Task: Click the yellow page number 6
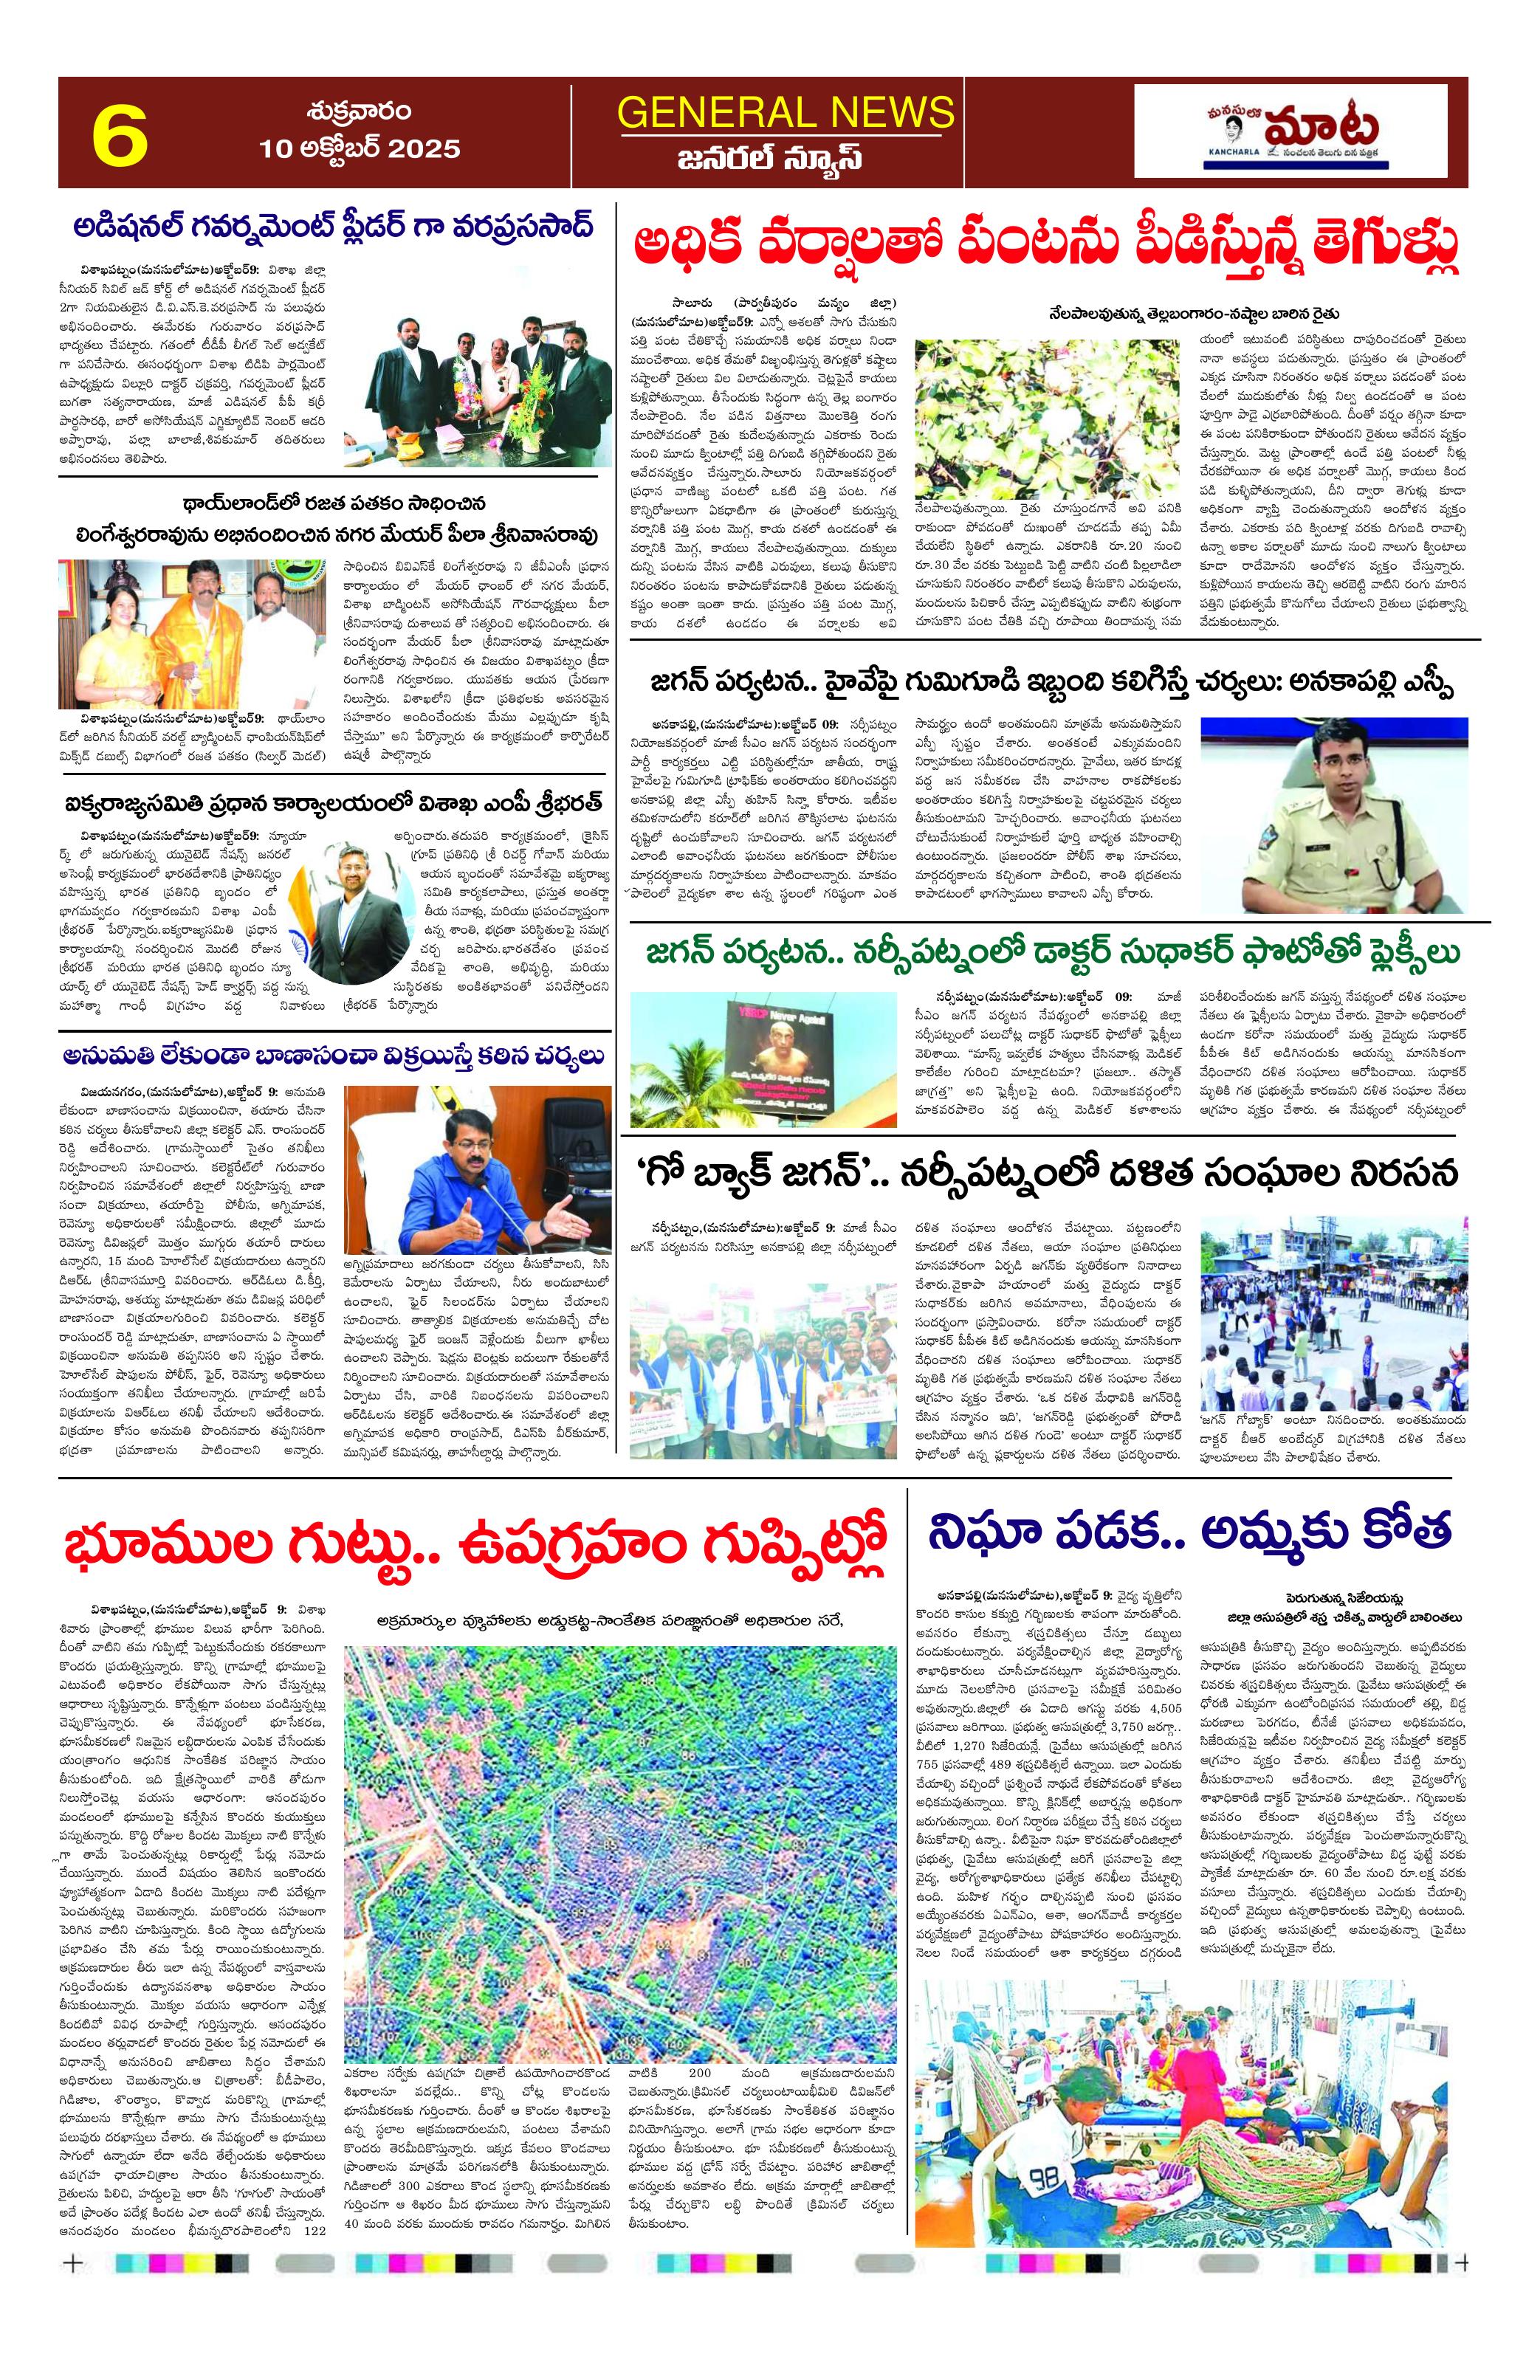coord(120,134)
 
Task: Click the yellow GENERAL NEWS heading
coord(786,111)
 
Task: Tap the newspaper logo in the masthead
coord(1299,131)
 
